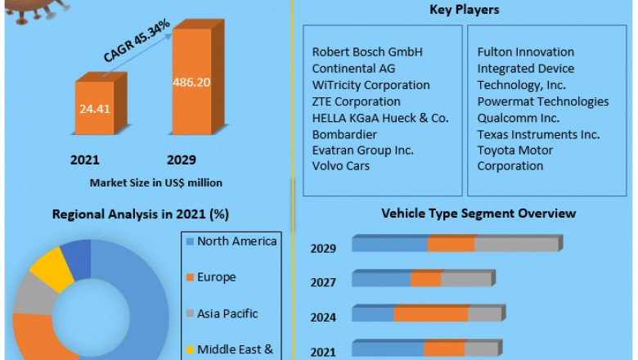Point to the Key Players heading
click(x=464, y=10)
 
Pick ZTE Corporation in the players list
click(x=356, y=101)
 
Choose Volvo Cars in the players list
click(x=341, y=166)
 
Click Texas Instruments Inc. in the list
click(x=538, y=134)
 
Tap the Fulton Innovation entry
click(x=526, y=52)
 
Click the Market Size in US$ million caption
click(x=155, y=182)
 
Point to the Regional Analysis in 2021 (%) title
click(x=140, y=214)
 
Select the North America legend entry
click(x=237, y=241)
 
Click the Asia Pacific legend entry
click(x=227, y=313)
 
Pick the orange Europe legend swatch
click(x=190, y=277)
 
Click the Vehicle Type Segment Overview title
click(x=478, y=214)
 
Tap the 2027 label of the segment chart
click(x=323, y=281)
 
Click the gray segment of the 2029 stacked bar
click(x=515, y=245)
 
